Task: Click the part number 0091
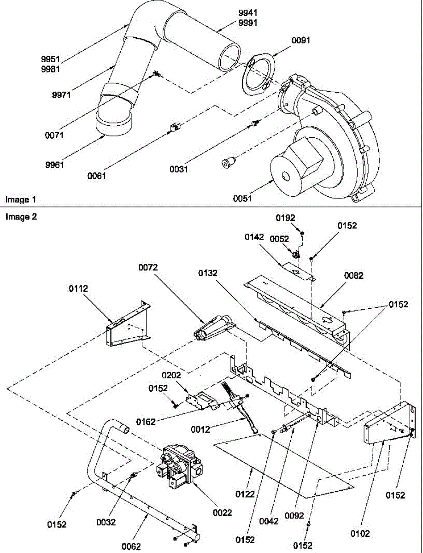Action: (301, 40)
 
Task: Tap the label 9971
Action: (61, 95)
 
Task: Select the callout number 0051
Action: (242, 199)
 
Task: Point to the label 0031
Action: (179, 169)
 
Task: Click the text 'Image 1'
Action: (21, 200)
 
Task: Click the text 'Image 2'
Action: (21, 217)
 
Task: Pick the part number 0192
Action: (285, 218)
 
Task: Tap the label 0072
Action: (148, 267)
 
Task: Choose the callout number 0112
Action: (78, 288)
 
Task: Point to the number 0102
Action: (360, 533)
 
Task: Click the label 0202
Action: (171, 376)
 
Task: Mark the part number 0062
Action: (131, 547)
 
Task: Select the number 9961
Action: (55, 165)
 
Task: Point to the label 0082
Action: (354, 276)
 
